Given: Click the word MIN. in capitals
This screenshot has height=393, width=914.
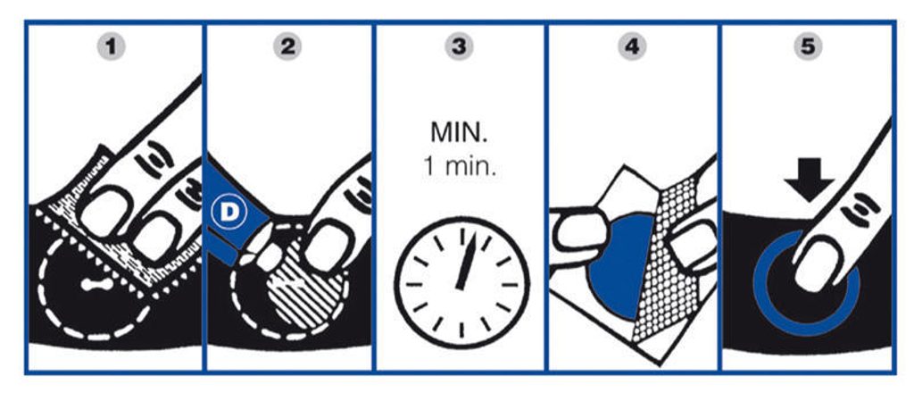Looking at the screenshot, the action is [459, 133].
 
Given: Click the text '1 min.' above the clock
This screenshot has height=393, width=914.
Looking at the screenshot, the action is [459, 167].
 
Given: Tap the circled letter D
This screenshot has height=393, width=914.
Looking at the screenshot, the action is [229, 213].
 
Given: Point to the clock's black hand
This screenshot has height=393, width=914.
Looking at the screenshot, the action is [468, 261].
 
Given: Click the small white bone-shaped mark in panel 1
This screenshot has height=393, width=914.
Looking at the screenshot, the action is [96, 285].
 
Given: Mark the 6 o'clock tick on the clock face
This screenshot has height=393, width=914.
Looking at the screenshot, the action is [461, 330].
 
